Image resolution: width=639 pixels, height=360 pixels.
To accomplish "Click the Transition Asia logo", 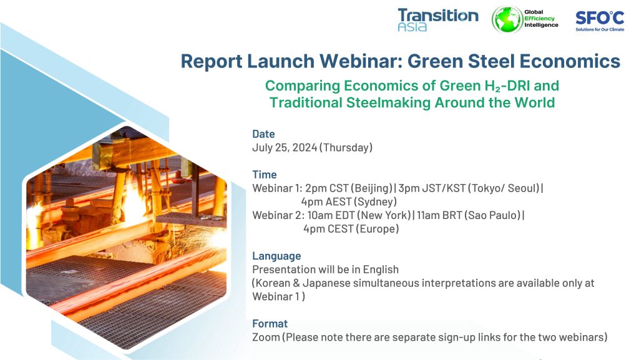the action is click(x=438, y=19).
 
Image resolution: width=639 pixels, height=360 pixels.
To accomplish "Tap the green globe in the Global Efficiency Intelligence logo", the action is click(x=507, y=19).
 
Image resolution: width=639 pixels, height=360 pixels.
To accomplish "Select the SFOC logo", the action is click(x=600, y=21).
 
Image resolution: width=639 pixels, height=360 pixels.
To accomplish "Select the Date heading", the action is click(x=263, y=134).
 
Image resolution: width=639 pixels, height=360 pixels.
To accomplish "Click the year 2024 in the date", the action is click(x=305, y=147).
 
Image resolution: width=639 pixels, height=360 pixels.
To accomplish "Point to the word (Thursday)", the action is click(x=346, y=147).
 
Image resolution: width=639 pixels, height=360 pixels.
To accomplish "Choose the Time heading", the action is click(x=264, y=175).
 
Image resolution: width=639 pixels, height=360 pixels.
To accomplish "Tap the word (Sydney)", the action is click(x=375, y=202).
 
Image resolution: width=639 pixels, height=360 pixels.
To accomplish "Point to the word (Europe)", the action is click(x=378, y=229).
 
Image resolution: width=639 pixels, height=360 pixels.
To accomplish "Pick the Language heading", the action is click(x=276, y=256).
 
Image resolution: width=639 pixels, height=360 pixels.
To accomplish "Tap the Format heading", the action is click(x=270, y=324).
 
